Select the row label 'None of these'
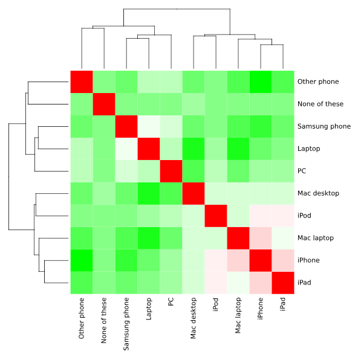(x=320, y=104)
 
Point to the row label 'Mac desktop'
(x=317, y=193)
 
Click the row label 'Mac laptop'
(x=315, y=238)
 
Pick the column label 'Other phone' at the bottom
(x=82, y=317)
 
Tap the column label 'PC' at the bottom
(x=171, y=302)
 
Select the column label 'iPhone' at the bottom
(x=261, y=308)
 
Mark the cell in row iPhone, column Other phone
(x=82, y=260)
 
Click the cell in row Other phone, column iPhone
(x=261, y=82)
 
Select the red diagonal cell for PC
(x=171, y=171)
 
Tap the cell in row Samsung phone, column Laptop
(x=149, y=126)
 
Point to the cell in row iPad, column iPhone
(x=261, y=283)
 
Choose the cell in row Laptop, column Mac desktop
(x=194, y=149)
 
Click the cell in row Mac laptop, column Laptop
(x=149, y=238)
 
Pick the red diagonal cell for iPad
(x=283, y=283)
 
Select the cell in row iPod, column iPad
(x=283, y=216)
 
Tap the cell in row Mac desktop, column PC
(x=171, y=193)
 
